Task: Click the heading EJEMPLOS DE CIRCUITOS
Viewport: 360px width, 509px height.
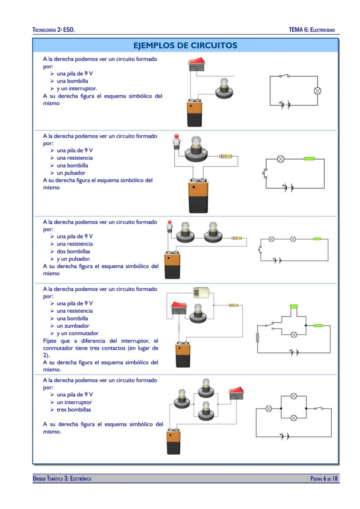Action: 185,45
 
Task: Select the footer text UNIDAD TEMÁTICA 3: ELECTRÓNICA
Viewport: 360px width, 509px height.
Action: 62,479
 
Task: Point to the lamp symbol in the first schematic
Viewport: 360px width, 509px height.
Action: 317,91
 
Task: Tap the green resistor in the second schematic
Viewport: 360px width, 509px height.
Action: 309,159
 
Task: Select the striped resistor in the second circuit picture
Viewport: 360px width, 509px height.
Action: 226,156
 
